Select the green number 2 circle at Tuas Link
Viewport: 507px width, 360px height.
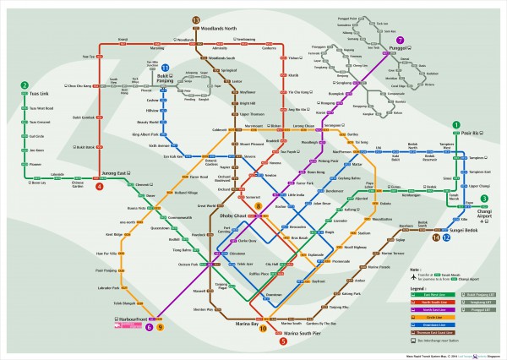click(25, 85)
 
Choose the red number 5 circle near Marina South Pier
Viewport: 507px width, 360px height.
click(283, 341)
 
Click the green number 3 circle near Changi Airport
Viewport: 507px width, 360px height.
click(484, 199)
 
